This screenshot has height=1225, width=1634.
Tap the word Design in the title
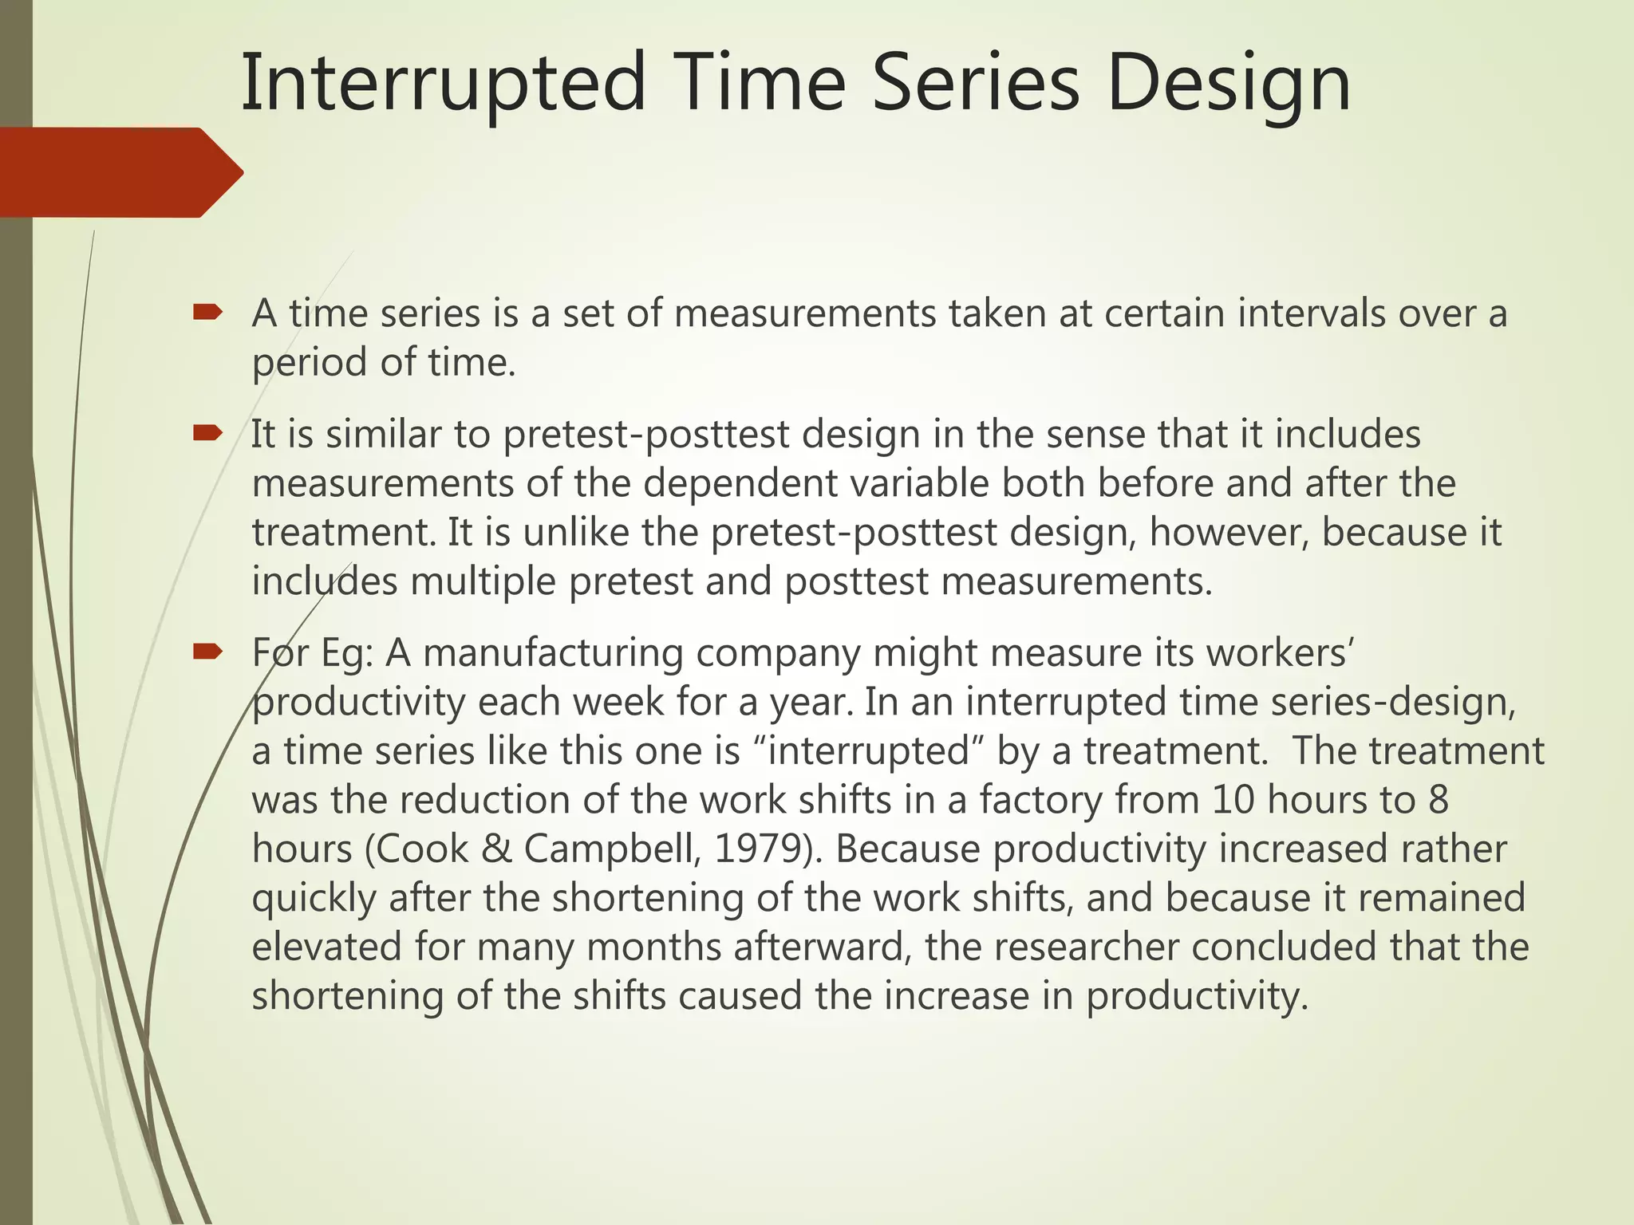point(1229,83)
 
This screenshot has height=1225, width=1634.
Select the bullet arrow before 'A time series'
point(207,313)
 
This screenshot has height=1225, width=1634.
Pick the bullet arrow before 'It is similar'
point(207,434)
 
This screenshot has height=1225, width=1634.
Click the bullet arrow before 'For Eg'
point(207,652)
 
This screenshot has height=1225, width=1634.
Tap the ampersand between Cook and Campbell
point(496,849)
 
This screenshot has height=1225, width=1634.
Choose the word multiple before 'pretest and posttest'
point(483,581)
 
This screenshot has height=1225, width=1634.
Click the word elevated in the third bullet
point(326,947)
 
